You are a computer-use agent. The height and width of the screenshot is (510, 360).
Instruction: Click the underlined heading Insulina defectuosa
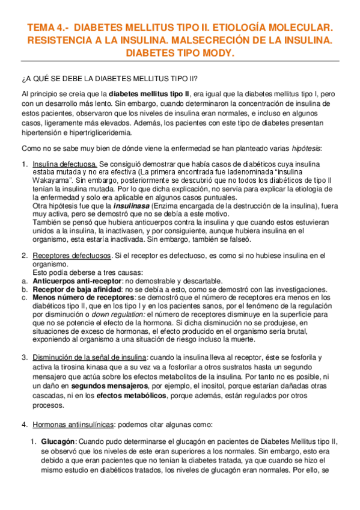coord(65,164)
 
